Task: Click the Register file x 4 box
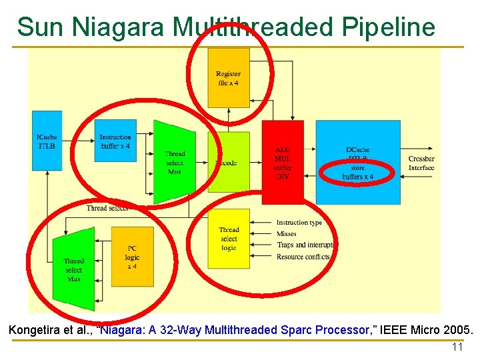(228, 78)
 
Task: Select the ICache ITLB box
(47, 141)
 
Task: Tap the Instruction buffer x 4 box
(115, 141)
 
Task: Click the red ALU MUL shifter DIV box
(283, 162)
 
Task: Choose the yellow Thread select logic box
(229, 239)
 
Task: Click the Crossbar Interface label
(421, 163)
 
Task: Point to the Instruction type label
(299, 223)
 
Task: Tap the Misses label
(287, 234)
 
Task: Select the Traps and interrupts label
(305, 245)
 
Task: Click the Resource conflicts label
(303, 257)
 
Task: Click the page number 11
(457, 347)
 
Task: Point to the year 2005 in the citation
(456, 330)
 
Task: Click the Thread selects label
(107, 208)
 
